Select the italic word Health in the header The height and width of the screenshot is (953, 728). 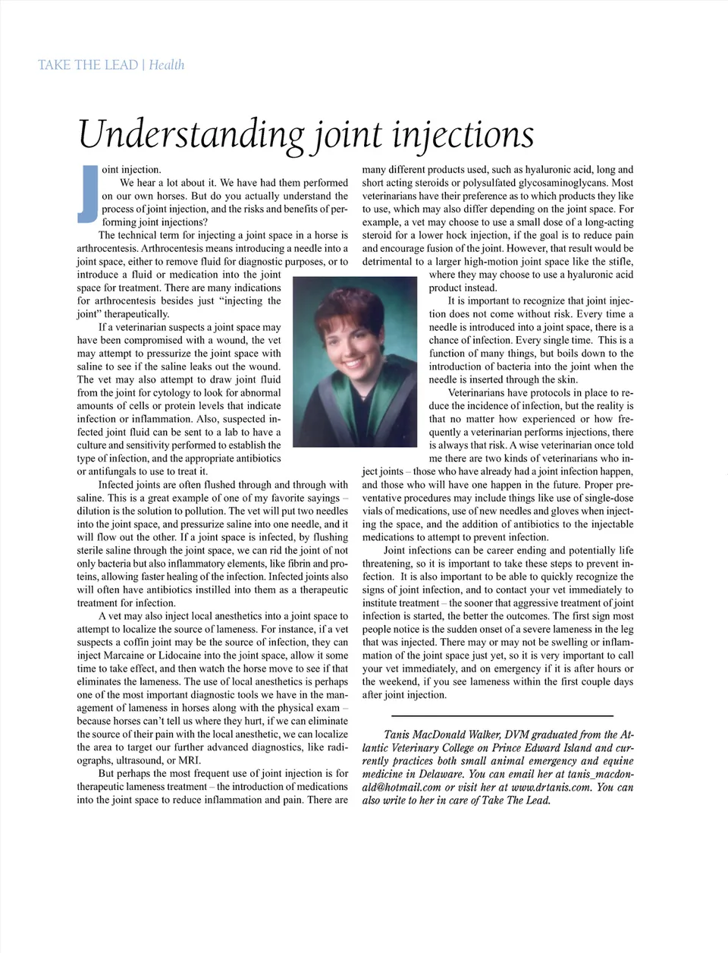(166, 65)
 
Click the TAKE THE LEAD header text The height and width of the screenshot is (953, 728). (88, 65)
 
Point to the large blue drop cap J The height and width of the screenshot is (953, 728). (87, 193)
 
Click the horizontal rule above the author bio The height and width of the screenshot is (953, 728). (502, 716)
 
